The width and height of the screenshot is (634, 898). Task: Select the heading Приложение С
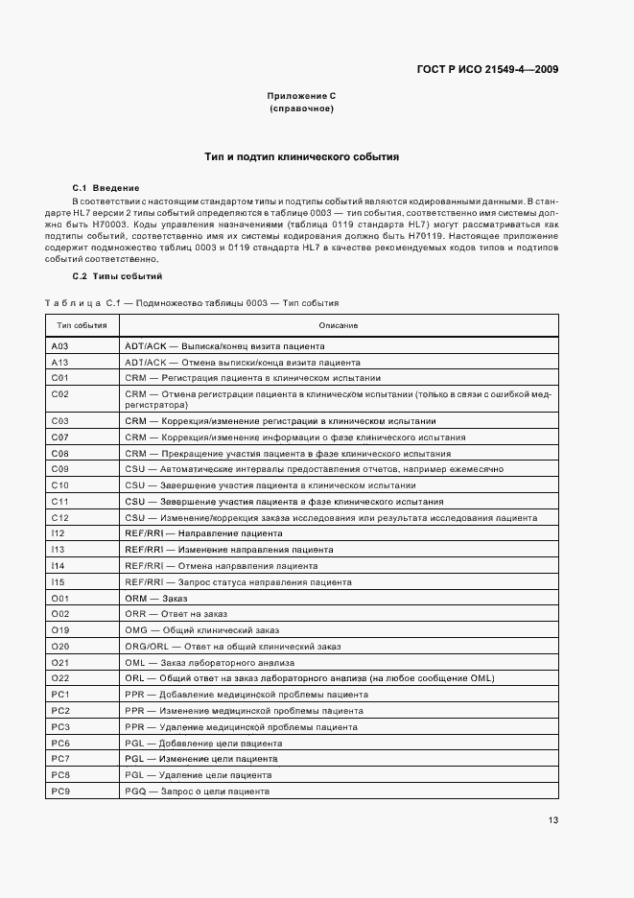click(x=301, y=97)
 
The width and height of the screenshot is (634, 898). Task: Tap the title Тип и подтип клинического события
click(x=301, y=156)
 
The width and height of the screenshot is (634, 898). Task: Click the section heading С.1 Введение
click(x=106, y=187)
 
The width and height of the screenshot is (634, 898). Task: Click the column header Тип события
click(x=82, y=326)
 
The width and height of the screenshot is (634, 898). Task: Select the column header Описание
click(x=339, y=326)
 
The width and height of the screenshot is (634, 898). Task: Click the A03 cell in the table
click(x=59, y=345)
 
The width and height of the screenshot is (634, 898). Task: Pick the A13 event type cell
click(x=59, y=363)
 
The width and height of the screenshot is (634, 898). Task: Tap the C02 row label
click(x=59, y=394)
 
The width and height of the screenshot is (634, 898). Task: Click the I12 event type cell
click(x=58, y=532)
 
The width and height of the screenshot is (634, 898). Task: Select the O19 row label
click(x=60, y=630)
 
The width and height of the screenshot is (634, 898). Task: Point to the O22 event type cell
click(x=60, y=678)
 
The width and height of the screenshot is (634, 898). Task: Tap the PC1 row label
click(x=60, y=694)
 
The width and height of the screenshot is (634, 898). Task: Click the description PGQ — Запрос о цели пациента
click(x=197, y=792)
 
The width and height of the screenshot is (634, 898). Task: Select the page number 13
click(x=553, y=820)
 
